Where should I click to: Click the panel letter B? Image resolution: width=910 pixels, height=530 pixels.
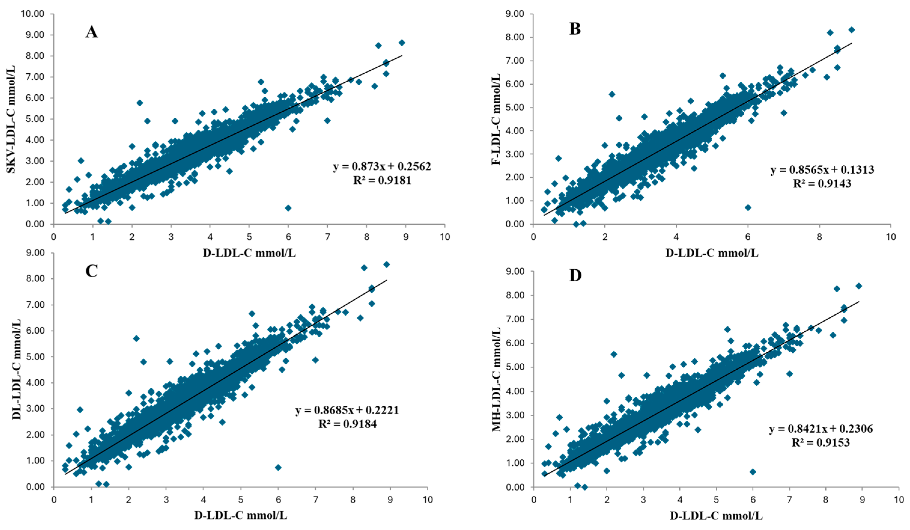pos(575,29)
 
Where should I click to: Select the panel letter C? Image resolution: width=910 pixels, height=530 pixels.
pos(91,271)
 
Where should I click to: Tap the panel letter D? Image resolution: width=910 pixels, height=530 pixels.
pos(575,275)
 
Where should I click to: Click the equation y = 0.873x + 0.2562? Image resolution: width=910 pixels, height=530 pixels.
pos(382,166)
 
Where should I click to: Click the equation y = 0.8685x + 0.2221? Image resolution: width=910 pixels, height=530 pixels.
pos(347,410)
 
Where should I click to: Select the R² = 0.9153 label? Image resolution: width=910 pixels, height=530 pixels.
pos(821,442)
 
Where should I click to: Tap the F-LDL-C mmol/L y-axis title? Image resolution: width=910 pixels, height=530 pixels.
pos(496,119)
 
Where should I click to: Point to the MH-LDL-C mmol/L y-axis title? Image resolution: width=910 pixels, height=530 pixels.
pos(496,380)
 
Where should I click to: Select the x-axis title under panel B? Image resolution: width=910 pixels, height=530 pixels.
pos(712,253)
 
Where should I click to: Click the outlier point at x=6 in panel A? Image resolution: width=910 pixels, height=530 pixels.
pos(288,208)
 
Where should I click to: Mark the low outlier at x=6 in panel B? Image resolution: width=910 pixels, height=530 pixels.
pos(748,207)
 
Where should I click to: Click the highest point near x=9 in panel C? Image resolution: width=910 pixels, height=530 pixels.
pos(387,264)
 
